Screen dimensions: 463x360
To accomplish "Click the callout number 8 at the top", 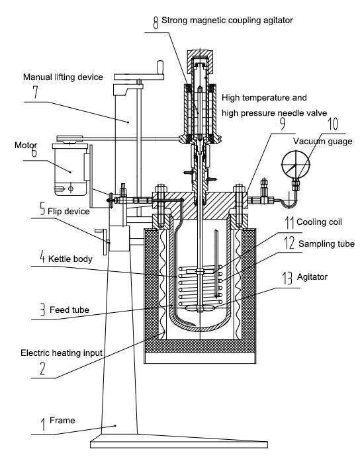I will coord(156,22).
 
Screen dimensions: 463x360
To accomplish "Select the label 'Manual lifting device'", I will coord(64,77).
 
